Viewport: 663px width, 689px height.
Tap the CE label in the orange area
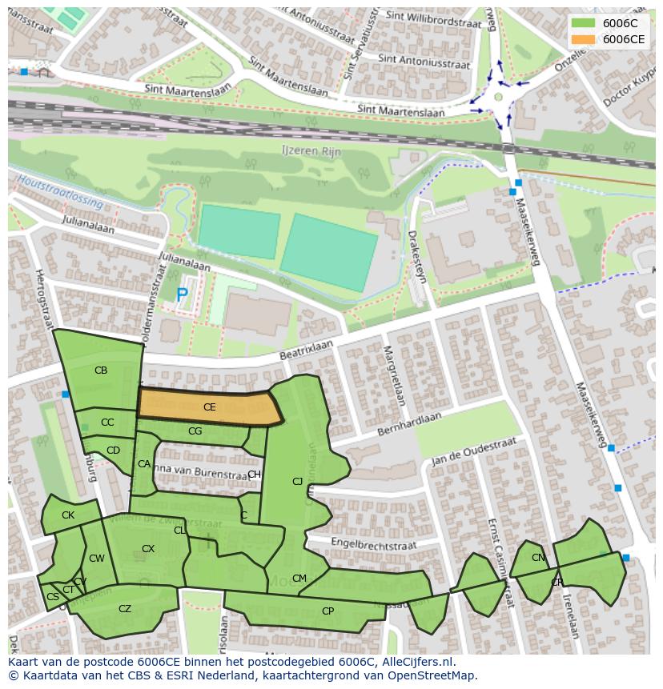point(209,407)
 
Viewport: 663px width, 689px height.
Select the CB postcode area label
point(101,371)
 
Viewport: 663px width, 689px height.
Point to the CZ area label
point(125,609)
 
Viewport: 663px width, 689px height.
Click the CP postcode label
point(327,611)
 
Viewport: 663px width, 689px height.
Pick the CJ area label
point(298,482)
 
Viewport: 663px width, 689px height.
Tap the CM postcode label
point(299,579)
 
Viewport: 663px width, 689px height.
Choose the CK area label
point(68,515)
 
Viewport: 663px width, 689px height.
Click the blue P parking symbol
point(182,295)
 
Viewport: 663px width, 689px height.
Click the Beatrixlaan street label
point(305,350)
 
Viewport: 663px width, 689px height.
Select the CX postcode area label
point(148,549)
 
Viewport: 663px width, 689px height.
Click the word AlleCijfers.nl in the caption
point(417,662)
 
